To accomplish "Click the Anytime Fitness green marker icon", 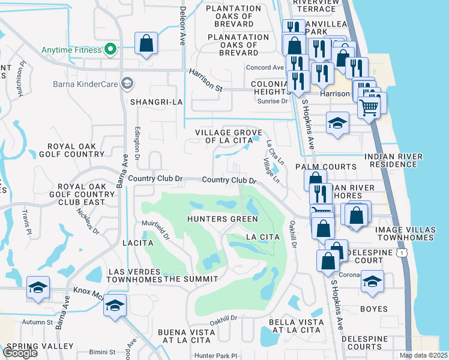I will (110, 50).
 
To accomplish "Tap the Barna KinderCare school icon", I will (127, 83).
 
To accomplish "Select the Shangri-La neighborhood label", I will (156, 102).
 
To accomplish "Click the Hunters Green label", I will (222, 219).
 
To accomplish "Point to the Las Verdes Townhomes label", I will (135, 275).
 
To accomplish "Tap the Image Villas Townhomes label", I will (412, 234).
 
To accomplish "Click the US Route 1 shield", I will (399, 253).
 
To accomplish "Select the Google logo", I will (20, 353).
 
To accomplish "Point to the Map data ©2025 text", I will (423, 355).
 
